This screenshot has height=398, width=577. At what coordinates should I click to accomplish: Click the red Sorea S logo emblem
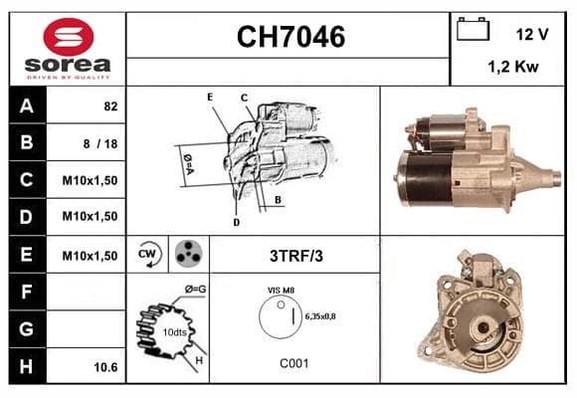coord(69,37)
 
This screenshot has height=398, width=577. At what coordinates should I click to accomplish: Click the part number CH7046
coord(290,37)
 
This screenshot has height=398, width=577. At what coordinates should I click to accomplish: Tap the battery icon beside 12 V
coord(473,29)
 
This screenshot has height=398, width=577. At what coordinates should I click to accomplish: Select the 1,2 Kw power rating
coord(513,67)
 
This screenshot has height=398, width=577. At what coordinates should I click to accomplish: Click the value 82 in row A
coord(110,106)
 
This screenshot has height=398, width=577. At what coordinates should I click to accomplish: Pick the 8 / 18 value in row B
coord(100,143)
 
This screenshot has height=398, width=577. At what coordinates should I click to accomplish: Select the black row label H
coord(27,366)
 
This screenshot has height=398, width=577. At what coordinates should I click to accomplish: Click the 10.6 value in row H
coord(105,367)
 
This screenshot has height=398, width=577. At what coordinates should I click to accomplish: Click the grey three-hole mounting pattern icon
coord(188,254)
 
